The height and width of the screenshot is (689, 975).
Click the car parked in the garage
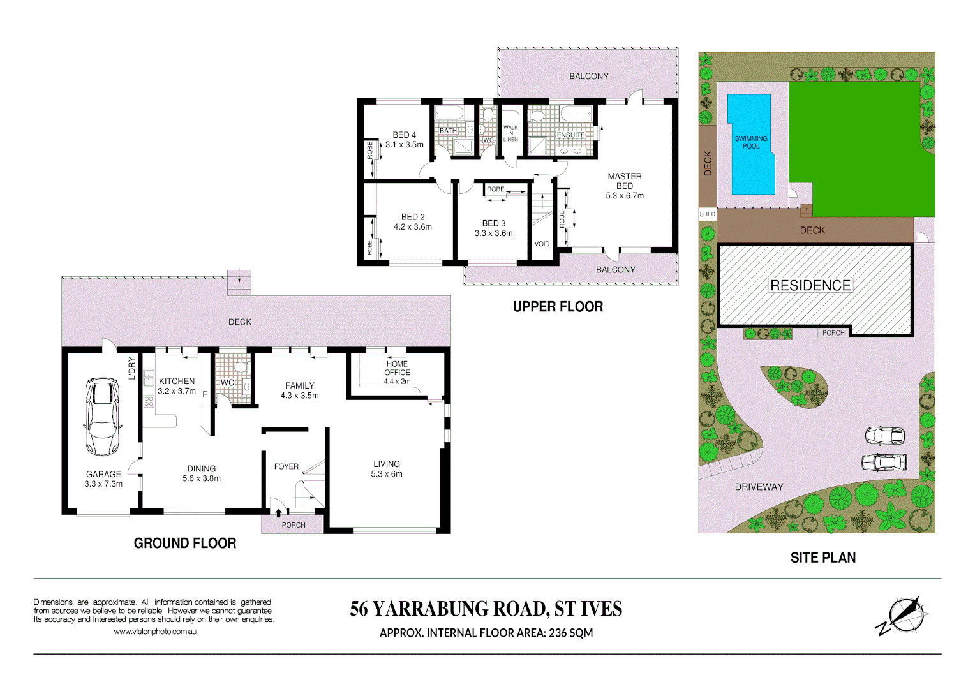(102, 416)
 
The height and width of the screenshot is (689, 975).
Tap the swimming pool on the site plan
(751, 143)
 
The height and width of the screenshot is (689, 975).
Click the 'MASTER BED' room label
(625, 181)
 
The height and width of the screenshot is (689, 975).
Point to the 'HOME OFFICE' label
(397, 368)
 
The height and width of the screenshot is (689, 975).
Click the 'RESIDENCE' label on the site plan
(810, 286)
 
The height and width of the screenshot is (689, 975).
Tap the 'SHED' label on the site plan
(708, 214)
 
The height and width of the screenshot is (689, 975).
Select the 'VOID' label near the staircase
(542, 244)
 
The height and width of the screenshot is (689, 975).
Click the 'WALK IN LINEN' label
(510, 133)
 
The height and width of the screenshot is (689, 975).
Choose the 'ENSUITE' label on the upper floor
(570, 135)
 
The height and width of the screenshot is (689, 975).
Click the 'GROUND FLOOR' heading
(185, 544)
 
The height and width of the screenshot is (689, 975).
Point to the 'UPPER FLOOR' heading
(558, 307)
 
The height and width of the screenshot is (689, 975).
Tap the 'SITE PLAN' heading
(823, 558)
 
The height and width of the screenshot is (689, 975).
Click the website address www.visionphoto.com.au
(155, 632)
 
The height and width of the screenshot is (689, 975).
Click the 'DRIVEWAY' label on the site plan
(759, 487)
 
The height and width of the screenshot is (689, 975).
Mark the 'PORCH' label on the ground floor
(294, 525)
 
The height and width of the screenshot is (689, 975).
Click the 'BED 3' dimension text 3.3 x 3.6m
(493, 233)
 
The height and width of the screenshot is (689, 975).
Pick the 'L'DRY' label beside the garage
(132, 368)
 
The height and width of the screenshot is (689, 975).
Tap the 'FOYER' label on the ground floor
(286, 467)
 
